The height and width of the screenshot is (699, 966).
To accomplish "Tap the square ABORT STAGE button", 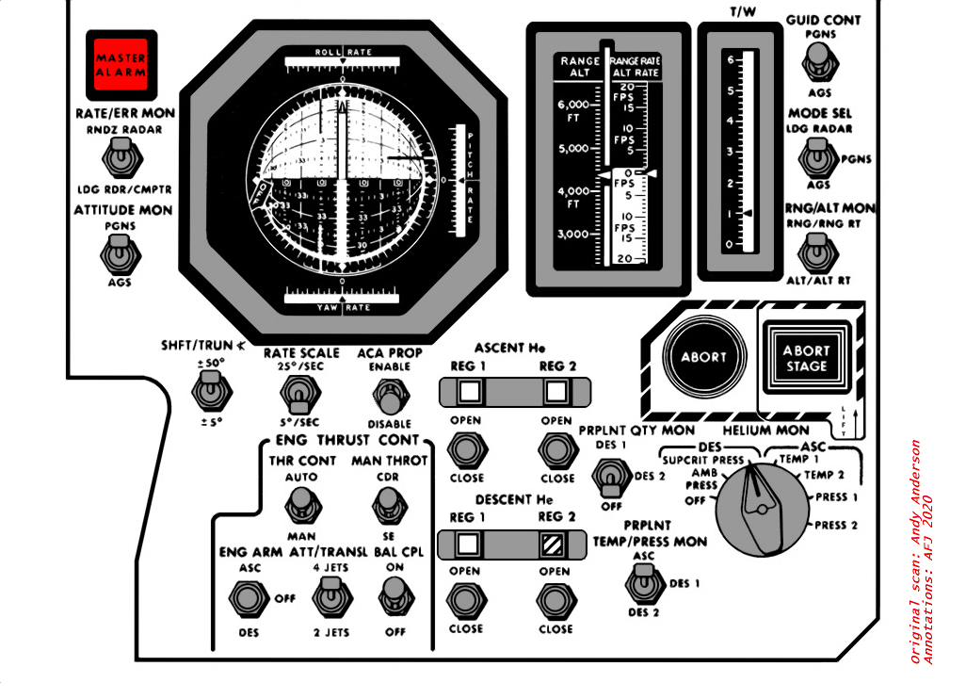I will [x=807, y=357].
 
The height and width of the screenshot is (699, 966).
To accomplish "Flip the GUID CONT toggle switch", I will [x=818, y=66].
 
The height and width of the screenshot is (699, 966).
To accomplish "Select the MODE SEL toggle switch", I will [x=814, y=159].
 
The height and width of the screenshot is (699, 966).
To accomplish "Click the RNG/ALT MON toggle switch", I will [x=814, y=253].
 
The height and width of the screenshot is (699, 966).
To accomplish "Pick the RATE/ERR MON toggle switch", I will [x=120, y=157].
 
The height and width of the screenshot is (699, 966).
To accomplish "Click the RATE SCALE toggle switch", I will [x=300, y=393].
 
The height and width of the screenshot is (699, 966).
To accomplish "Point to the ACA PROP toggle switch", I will [x=383, y=394].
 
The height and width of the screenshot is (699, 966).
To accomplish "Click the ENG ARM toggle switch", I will [x=248, y=597].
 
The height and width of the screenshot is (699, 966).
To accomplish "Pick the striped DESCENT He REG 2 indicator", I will [x=554, y=544].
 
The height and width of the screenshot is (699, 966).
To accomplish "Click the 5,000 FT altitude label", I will [x=573, y=149].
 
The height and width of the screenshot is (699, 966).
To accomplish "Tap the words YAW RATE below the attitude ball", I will [x=342, y=306].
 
